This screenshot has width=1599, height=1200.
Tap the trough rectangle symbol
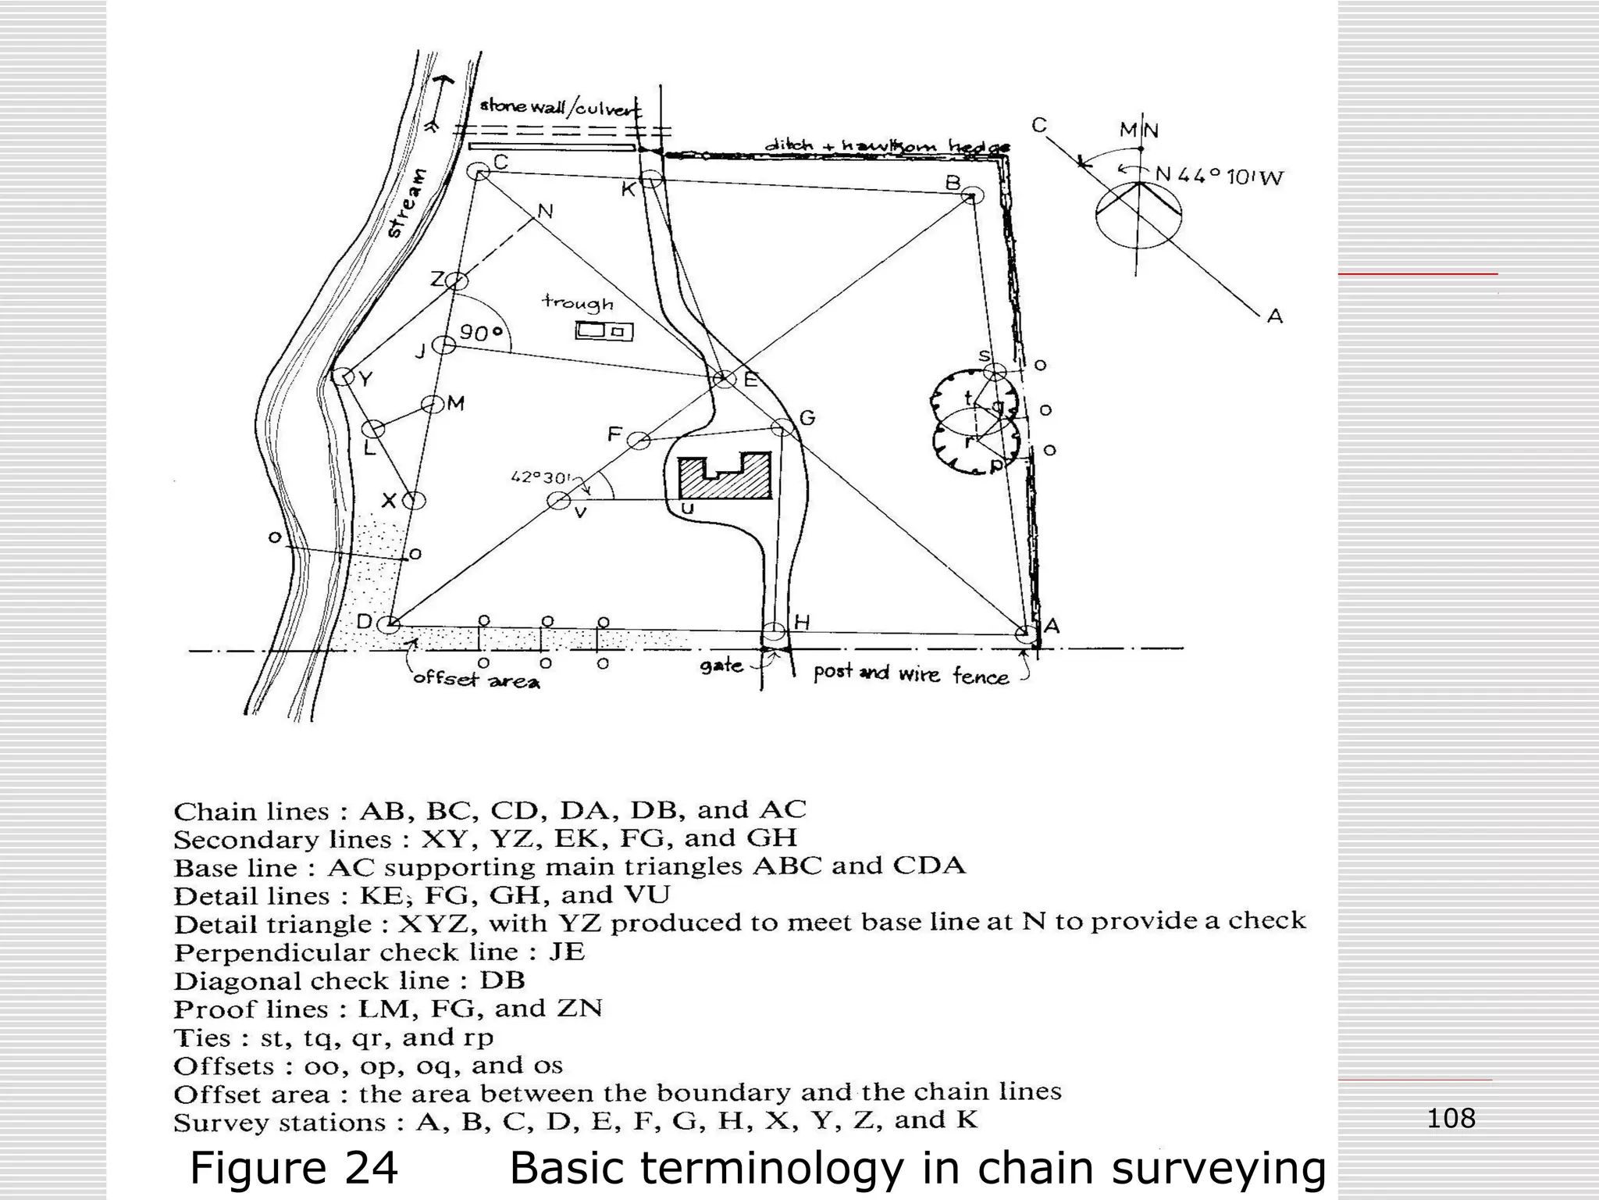(x=604, y=331)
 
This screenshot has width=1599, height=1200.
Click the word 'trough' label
(x=578, y=302)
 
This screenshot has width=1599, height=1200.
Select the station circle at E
(x=725, y=379)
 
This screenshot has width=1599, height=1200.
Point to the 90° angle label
(x=481, y=334)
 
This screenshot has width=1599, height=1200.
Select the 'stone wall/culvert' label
(x=559, y=108)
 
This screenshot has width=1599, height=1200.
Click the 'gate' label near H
(x=721, y=666)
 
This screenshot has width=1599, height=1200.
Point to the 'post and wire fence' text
(x=910, y=673)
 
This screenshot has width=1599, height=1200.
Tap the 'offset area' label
(x=475, y=679)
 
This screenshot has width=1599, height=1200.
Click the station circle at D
(x=388, y=624)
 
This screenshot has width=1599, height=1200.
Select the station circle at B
(x=971, y=195)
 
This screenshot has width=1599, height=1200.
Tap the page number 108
(x=1451, y=1118)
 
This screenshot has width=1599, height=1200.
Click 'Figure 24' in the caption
(x=294, y=1168)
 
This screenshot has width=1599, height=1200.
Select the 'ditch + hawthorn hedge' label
(x=886, y=146)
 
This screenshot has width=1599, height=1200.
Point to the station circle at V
(x=557, y=501)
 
